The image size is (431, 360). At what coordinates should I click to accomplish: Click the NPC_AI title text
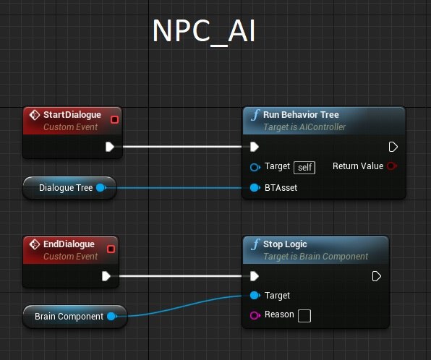point(204,32)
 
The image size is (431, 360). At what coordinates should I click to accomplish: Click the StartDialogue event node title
point(72,115)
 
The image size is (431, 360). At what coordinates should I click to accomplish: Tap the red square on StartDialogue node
point(114,119)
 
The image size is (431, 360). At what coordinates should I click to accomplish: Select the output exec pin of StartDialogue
point(110,147)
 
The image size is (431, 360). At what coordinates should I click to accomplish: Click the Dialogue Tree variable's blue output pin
point(101,188)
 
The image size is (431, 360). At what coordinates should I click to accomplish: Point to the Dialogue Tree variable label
point(66,188)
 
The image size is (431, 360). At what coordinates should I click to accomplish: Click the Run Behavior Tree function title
point(301,115)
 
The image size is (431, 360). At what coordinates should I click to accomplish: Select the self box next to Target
point(304,168)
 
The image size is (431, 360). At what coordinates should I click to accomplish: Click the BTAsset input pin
point(255,188)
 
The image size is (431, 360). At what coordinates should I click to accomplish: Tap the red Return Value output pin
point(391,166)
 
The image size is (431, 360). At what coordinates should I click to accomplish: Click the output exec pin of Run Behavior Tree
point(393,147)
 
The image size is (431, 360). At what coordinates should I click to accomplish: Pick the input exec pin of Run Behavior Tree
point(255,147)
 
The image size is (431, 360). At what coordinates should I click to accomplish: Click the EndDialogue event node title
point(69,244)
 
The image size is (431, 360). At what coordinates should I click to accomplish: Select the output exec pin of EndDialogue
point(106,276)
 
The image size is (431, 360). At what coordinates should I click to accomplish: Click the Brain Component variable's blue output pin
point(111,317)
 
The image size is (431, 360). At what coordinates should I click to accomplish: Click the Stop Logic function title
point(285,244)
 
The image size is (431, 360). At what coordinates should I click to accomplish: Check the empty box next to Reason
point(304,316)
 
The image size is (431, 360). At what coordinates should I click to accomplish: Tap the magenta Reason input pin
point(255,315)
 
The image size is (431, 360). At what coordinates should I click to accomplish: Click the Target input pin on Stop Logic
point(255,296)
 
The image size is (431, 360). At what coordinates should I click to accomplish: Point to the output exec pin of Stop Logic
point(376,276)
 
